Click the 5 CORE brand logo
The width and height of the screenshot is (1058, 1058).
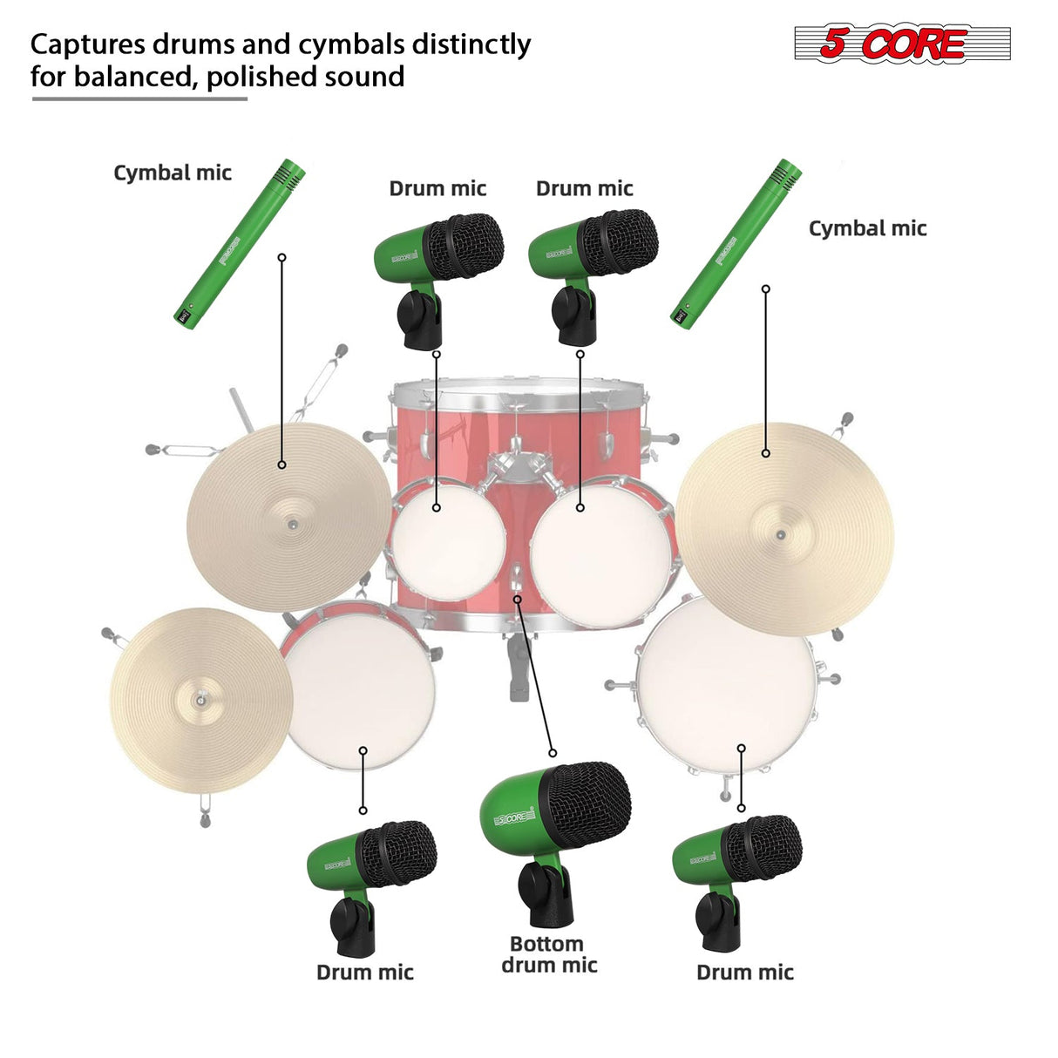[901, 44]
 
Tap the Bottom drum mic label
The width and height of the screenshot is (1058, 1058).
[549, 955]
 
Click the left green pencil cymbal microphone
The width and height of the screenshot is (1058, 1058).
[239, 244]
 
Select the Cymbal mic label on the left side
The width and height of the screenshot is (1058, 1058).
[173, 173]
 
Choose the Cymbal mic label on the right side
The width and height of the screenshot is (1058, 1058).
[867, 228]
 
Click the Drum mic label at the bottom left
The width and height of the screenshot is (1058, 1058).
[364, 973]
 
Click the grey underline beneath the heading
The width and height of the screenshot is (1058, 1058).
[139, 98]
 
